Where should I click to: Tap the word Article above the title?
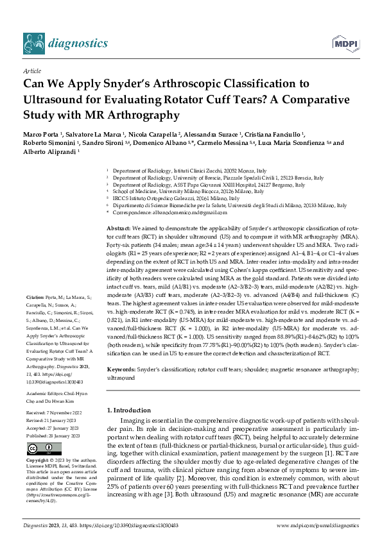point(31,71)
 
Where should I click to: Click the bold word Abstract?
point(118,228)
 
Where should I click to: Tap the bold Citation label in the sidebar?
point(34,297)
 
